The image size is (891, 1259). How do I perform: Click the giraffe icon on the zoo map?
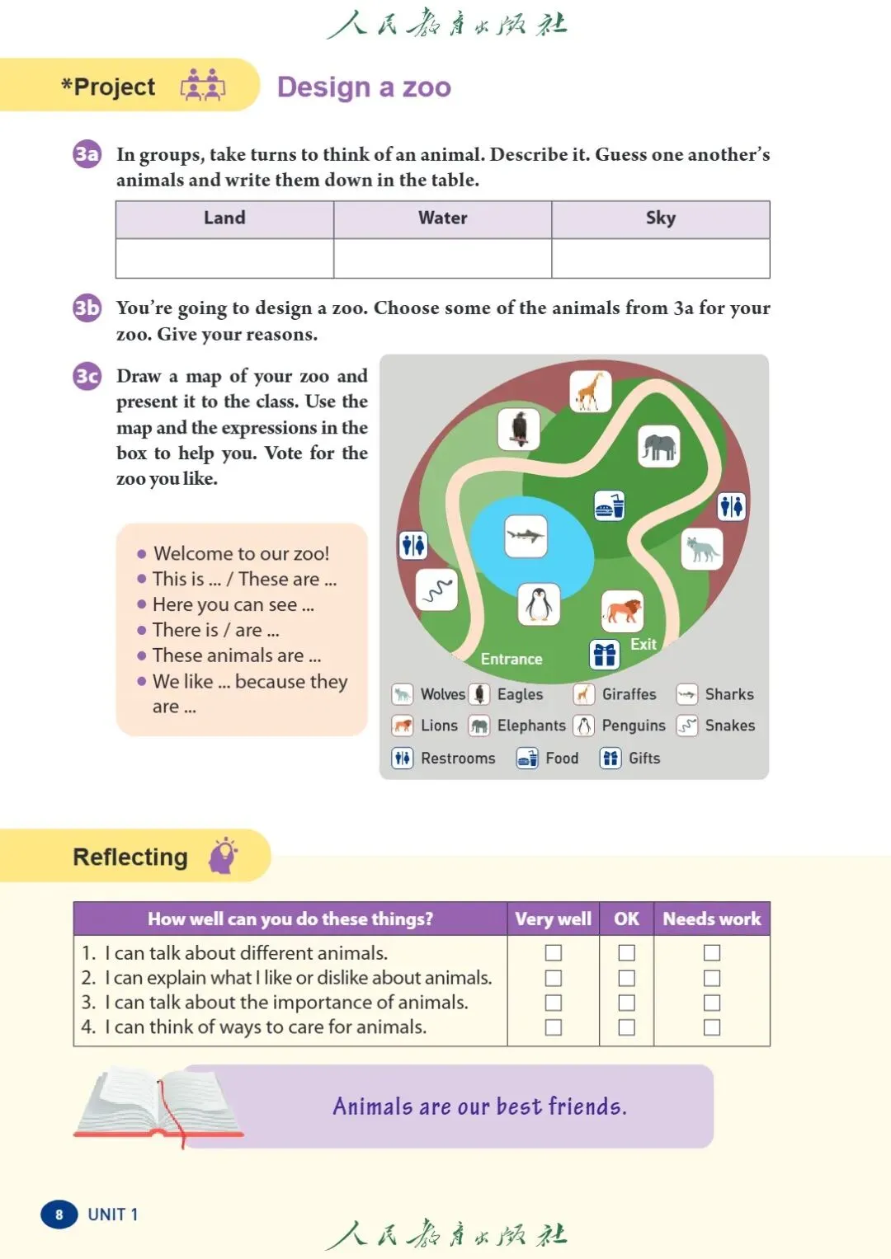point(590,391)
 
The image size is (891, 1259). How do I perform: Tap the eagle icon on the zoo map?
point(519,429)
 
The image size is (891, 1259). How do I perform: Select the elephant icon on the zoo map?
point(658,446)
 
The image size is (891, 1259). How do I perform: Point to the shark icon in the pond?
point(526,536)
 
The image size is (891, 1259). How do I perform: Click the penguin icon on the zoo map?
point(539,604)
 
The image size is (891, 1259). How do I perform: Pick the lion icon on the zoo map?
point(622,611)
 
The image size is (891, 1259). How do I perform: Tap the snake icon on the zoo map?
point(436,590)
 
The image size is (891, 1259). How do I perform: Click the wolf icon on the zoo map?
point(701,548)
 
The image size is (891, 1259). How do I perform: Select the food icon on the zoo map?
point(610,505)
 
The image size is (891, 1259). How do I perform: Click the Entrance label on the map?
point(511,659)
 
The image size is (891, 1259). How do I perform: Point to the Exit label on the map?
point(643,644)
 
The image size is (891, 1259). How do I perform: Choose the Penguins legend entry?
point(620,726)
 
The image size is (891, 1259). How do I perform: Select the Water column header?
point(443,218)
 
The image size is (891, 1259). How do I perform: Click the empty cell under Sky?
point(660,258)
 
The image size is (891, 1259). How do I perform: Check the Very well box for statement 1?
point(554,953)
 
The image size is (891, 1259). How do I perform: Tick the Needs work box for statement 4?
point(712,1027)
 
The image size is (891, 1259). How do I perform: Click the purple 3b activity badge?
point(87,308)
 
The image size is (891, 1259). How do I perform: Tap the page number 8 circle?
point(59,1214)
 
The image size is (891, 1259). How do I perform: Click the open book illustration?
point(157,1105)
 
